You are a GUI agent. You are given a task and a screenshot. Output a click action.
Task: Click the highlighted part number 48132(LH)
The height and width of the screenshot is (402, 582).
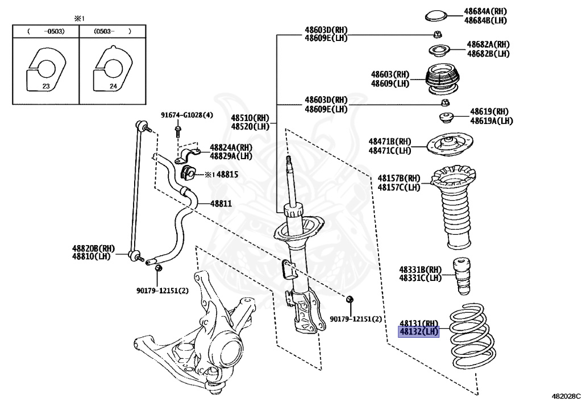419,331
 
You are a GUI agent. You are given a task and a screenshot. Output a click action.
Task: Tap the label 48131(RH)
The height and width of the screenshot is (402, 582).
419,322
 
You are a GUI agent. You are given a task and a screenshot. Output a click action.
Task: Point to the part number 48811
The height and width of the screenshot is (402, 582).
222,204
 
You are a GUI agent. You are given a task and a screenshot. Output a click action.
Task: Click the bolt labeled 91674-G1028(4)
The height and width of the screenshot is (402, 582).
178,133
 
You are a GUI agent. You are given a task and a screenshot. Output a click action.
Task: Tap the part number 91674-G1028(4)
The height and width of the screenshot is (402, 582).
186,115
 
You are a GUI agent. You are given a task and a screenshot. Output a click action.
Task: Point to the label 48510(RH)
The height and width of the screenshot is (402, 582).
250,118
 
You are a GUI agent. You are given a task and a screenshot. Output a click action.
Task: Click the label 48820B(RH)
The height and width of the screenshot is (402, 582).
93,248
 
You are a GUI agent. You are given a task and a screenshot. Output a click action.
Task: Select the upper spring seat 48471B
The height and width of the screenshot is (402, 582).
450,146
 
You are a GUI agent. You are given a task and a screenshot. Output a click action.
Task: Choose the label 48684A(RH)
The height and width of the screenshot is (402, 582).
485,11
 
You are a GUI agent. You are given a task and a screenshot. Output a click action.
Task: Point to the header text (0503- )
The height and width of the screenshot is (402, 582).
111,32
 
